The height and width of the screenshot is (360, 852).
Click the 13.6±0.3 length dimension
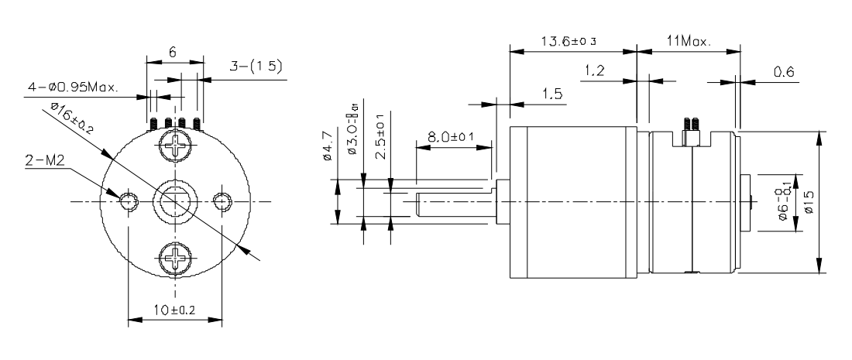[572, 40]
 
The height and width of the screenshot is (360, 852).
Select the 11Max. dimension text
[688, 40]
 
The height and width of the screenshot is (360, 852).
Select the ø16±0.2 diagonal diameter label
[71, 118]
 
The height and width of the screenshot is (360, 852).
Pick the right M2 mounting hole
[223, 201]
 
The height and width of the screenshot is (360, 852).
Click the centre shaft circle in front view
[175, 201]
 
